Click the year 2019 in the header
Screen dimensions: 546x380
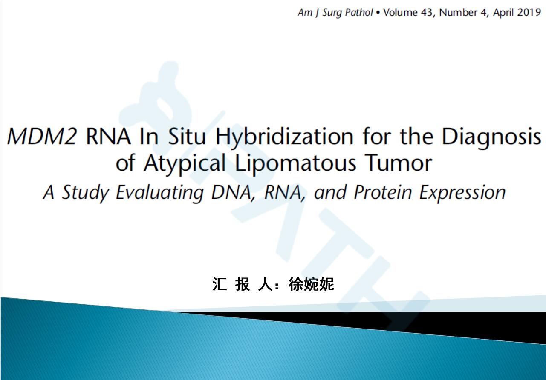click(529, 12)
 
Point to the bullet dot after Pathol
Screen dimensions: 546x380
click(378, 13)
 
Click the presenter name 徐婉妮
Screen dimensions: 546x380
click(311, 284)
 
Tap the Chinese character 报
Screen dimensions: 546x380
click(243, 284)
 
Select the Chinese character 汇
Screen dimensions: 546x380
click(220, 284)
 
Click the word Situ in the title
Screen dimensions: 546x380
click(187, 137)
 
